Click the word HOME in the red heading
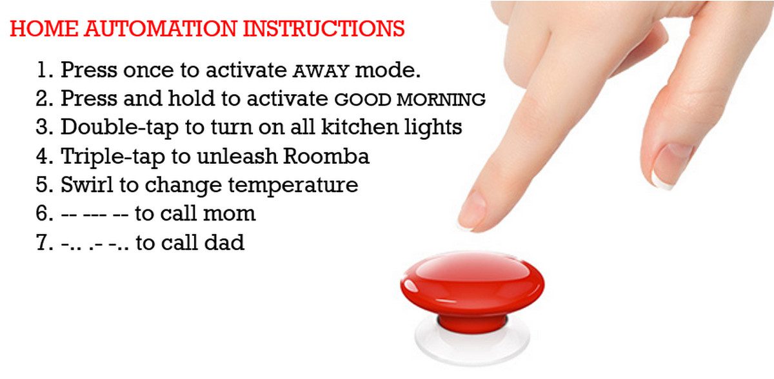45,28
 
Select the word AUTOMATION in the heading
161,28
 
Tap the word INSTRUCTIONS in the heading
324,28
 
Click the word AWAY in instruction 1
321,71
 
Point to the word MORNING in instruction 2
441,99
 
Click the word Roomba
326,156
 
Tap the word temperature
293,186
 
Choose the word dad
224,242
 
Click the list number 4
45,156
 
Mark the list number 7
45,242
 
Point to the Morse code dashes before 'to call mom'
95,214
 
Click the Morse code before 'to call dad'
95,243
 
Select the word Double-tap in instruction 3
119,128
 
